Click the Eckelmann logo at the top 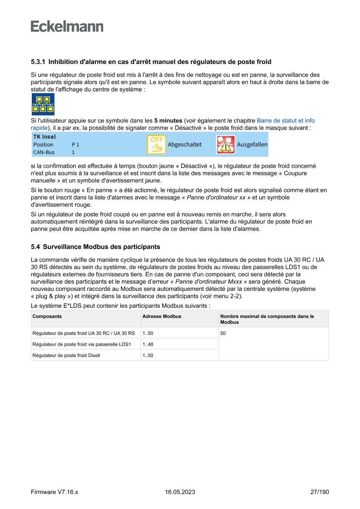pos(67,27)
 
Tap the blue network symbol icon pos(43,104)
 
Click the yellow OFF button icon pos(156,145)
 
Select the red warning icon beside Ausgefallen pos(225,145)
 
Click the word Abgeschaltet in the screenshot pos(185,145)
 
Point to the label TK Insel pos(44,137)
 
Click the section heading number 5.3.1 pos(38,62)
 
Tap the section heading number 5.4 pos(35,247)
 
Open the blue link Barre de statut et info pos(286,121)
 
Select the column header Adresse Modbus pos(162,316)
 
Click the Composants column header pos(47,316)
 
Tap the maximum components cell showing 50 pos(223,333)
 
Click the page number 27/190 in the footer pos(320,492)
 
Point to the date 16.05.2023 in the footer pos(180,492)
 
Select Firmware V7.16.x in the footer pos(54,492)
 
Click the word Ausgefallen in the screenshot pos(252,145)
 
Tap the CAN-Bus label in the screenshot pos(44,152)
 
